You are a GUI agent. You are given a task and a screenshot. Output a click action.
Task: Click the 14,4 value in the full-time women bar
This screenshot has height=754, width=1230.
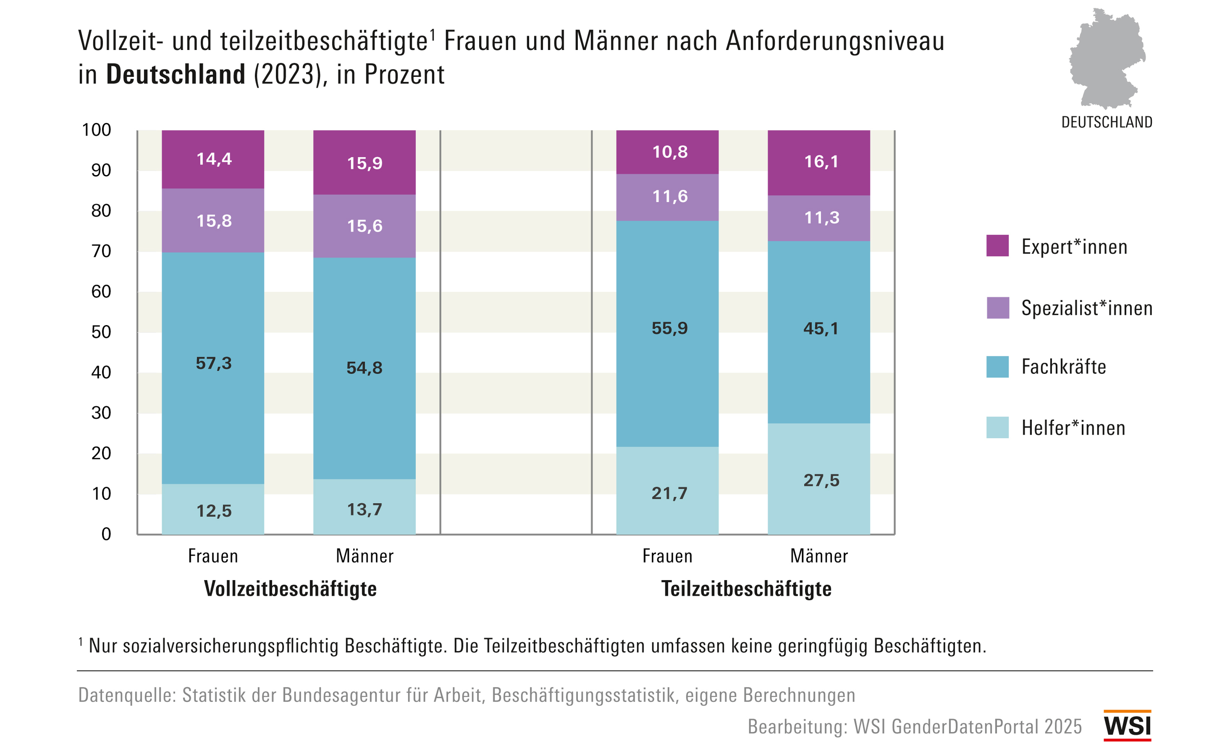(214, 159)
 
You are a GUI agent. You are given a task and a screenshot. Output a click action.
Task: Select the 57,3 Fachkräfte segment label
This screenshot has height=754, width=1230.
(214, 363)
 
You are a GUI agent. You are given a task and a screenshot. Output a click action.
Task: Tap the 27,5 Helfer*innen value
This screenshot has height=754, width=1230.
(821, 480)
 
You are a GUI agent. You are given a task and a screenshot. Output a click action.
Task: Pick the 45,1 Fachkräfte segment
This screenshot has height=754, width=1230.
(821, 329)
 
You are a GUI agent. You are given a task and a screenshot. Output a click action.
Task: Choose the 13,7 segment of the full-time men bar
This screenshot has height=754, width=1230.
(364, 509)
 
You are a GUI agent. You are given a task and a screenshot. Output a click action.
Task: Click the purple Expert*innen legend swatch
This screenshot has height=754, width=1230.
(997, 246)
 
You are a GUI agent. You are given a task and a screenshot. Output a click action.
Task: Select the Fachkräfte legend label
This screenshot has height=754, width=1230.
(1064, 367)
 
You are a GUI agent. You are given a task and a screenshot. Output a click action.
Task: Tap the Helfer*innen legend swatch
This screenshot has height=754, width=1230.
(997, 428)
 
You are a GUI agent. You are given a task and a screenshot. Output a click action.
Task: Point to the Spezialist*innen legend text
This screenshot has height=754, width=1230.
(1087, 308)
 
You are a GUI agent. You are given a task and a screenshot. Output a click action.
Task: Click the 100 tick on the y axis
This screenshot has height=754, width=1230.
(97, 130)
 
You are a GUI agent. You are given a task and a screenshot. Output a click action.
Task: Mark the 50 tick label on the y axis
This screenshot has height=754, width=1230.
(101, 332)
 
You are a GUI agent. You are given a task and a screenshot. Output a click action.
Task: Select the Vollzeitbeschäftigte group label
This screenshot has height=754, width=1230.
(290, 589)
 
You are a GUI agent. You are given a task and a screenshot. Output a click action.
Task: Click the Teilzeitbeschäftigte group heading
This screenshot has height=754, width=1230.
(746, 589)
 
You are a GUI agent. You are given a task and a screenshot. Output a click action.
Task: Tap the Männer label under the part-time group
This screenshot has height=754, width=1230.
(819, 556)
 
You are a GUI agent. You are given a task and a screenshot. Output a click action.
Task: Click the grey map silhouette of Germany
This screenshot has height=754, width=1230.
(1107, 60)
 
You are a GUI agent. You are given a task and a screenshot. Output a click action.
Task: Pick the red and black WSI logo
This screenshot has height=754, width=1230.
(1127, 725)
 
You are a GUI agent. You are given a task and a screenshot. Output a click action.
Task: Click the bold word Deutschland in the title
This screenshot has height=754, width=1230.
(176, 74)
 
